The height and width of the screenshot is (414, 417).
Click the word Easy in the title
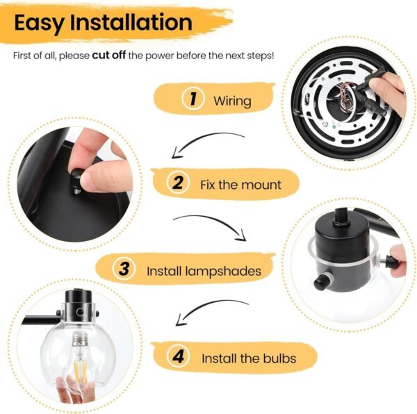43,22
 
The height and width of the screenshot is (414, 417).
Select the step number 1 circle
193,99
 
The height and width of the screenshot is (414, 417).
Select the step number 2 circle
179,183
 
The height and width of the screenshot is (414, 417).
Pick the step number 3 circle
124,269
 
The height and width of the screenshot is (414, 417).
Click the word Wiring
232,101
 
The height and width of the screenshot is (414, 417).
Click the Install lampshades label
204,270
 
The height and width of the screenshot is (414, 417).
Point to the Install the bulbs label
249,358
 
